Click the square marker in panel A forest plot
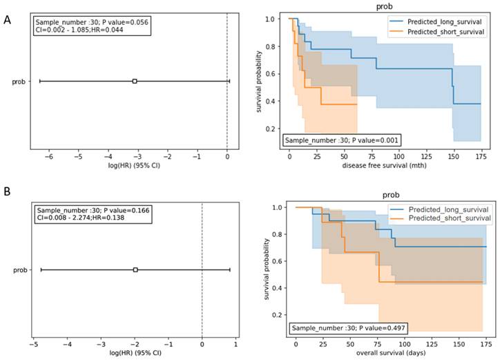[135, 81]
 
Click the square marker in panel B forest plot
[135, 269]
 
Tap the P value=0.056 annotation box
[92, 26]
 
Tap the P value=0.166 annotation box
[92, 214]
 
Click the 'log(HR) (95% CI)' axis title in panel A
[128, 167]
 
